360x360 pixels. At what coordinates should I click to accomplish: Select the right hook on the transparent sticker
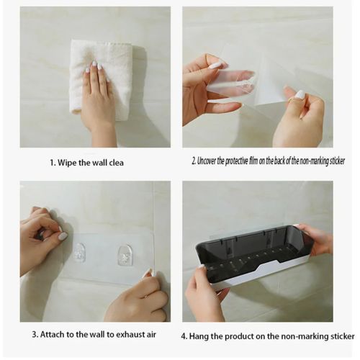[x=125, y=255]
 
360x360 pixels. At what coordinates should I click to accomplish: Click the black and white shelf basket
[x=255, y=256]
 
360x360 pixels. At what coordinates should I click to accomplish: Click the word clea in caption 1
[x=117, y=163]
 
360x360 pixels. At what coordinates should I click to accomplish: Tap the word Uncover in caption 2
[x=207, y=161]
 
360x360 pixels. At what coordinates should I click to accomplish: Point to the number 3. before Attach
[x=35, y=334]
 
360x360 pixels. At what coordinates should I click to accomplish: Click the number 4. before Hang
[x=184, y=336]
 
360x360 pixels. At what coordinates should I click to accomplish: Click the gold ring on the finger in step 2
[x=291, y=99]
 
